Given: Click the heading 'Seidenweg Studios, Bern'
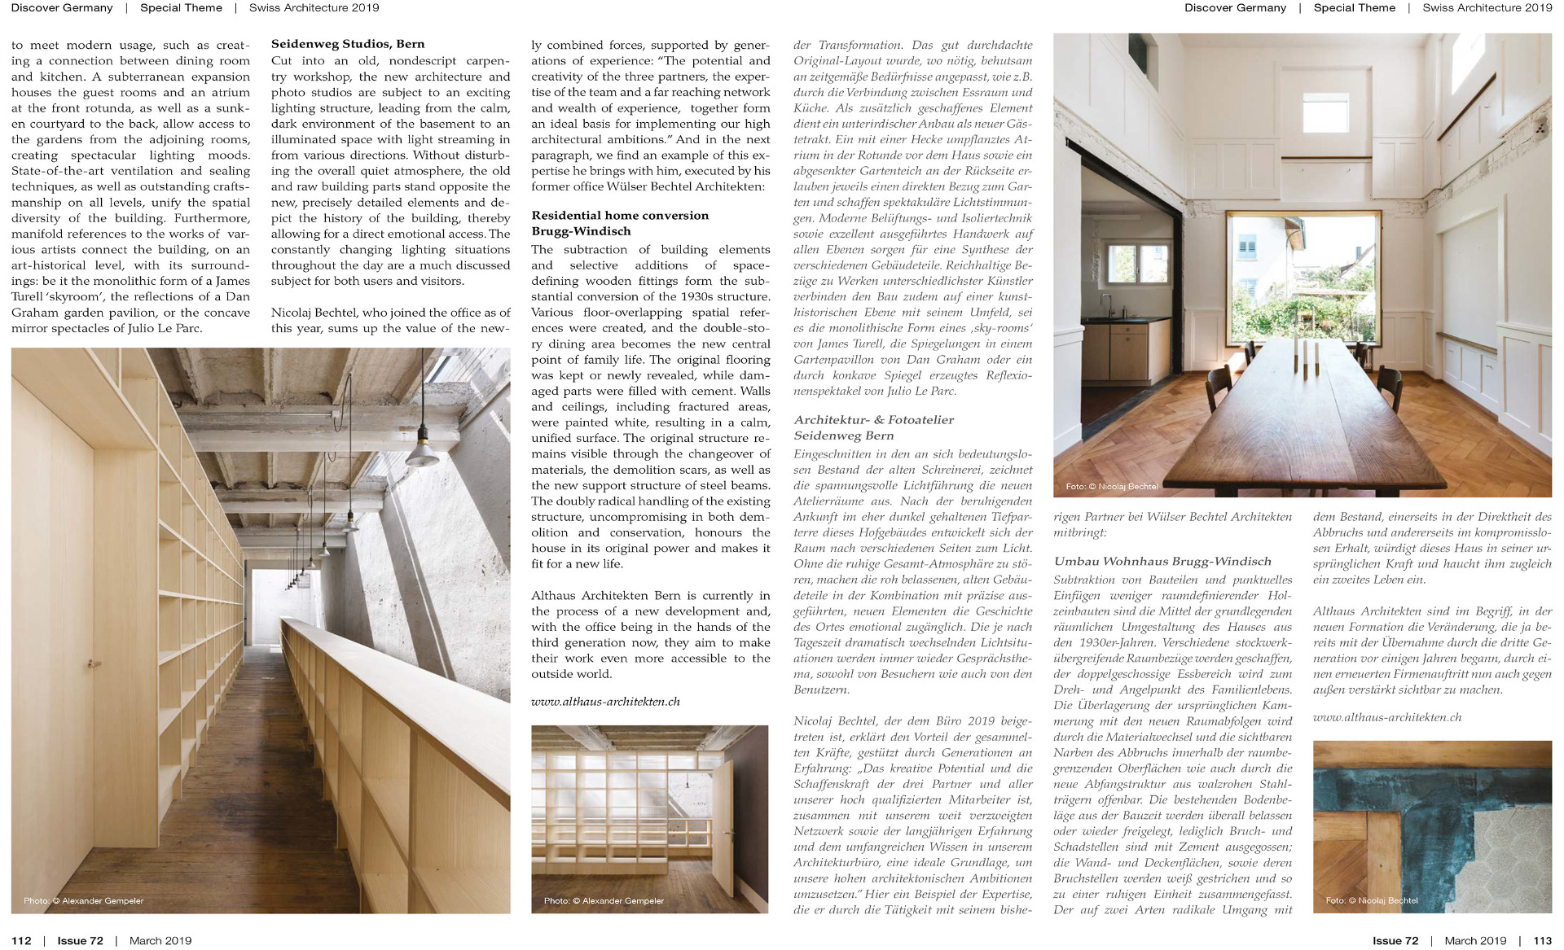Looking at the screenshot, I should tap(348, 44).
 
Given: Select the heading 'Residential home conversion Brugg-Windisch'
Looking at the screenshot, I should tap(620, 223).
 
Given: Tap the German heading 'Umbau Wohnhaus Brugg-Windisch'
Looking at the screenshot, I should tap(1162, 561).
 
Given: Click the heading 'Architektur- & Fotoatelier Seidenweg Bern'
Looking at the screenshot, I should tap(873, 427).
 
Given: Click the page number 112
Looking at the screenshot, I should tap(21, 940).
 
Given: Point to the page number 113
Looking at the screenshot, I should tap(1542, 940).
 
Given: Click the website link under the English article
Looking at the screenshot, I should tap(605, 701).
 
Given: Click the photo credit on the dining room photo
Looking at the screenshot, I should tap(1111, 486).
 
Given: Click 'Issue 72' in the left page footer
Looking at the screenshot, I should tap(80, 940).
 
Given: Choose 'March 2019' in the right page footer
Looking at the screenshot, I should tap(1475, 940).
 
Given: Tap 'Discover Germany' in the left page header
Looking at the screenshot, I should tap(62, 8).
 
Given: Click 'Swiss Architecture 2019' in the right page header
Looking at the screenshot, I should tap(1487, 8).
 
